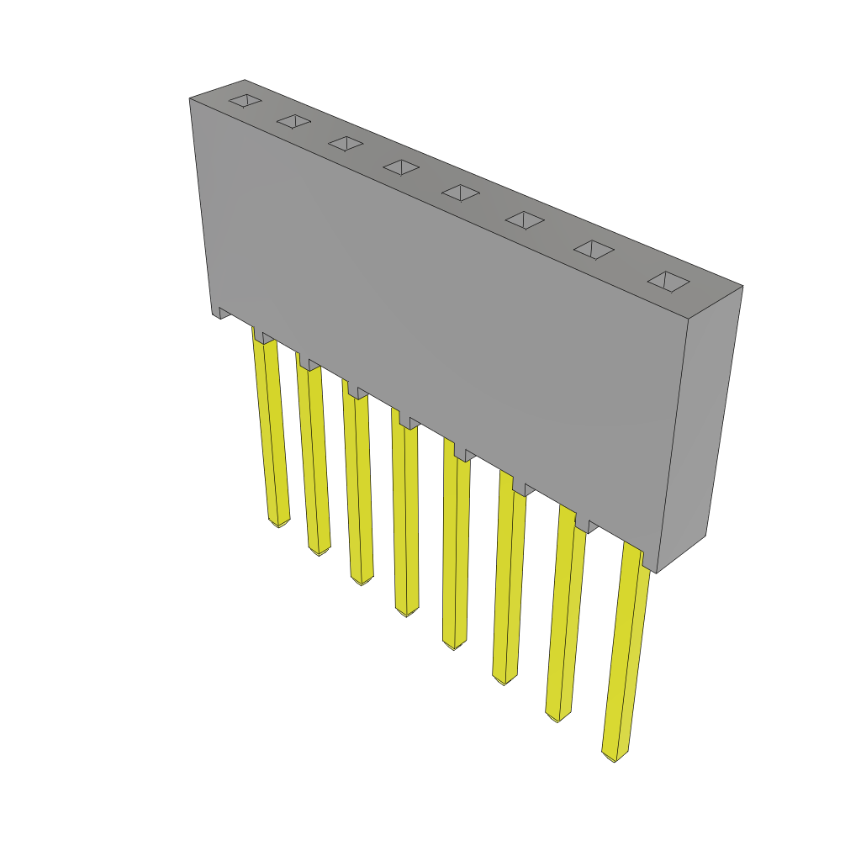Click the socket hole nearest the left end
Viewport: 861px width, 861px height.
[245, 101]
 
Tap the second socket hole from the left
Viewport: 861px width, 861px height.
[293, 122]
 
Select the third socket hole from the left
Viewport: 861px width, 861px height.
[346, 144]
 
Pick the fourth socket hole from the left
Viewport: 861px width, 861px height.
[401, 167]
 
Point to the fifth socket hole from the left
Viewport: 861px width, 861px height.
[461, 193]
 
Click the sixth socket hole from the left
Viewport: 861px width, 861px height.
[525, 220]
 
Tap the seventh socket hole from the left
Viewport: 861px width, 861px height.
[594, 250]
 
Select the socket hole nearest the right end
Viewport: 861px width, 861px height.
[668, 282]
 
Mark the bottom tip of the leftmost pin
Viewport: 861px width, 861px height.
[279, 522]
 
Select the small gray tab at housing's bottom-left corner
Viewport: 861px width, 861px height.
[222, 313]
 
